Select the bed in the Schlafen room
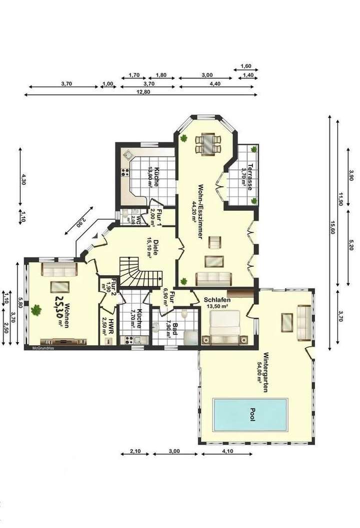(224, 325)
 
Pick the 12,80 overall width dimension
(143, 92)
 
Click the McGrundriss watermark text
(42, 348)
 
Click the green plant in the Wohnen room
(36, 310)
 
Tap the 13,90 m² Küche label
(150, 176)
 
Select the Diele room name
(155, 247)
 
